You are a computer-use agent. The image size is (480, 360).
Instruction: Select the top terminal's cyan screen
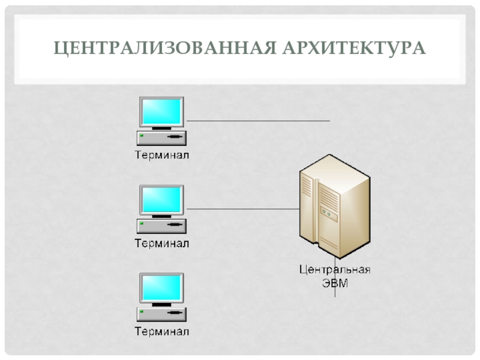click(161, 111)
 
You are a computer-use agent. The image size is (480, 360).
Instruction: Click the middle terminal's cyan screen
click(161, 199)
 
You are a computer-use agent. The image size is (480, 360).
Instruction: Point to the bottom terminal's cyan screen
click(161, 287)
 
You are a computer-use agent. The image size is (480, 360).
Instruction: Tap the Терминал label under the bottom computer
click(161, 331)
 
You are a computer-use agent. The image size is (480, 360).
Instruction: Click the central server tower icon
click(334, 204)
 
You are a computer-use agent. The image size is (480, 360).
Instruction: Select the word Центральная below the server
click(335, 269)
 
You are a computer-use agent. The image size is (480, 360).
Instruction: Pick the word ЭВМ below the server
click(335, 282)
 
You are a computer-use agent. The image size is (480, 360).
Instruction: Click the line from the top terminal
click(258, 121)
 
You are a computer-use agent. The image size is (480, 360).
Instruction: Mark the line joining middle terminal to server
click(243, 209)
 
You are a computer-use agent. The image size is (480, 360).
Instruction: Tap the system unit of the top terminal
click(161, 138)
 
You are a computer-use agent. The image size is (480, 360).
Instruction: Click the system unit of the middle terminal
click(161, 226)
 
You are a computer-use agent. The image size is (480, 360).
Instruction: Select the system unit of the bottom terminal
click(161, 314)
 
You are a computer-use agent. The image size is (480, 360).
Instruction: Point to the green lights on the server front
click(326, 212)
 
